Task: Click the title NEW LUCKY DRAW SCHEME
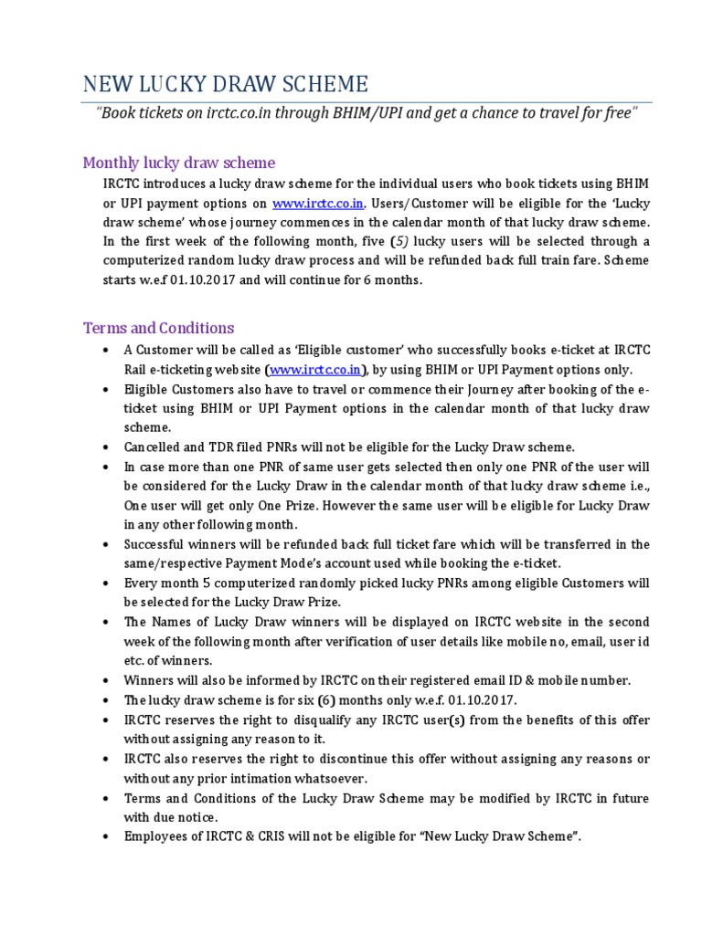click(x=226, y=85)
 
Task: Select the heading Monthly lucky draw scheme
click(x=178, y=163)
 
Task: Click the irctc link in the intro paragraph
click(x=311, y=203)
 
